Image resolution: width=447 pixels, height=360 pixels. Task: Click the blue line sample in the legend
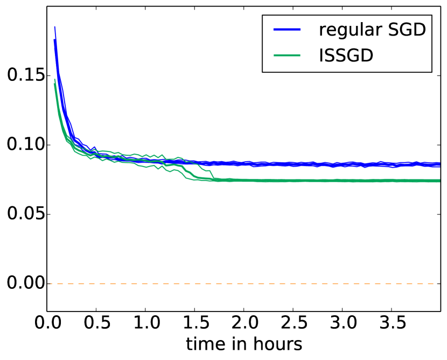point(288,30)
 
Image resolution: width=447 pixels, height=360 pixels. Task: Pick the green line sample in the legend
point(288,55)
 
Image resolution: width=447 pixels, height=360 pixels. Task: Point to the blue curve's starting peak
point(55,27)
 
